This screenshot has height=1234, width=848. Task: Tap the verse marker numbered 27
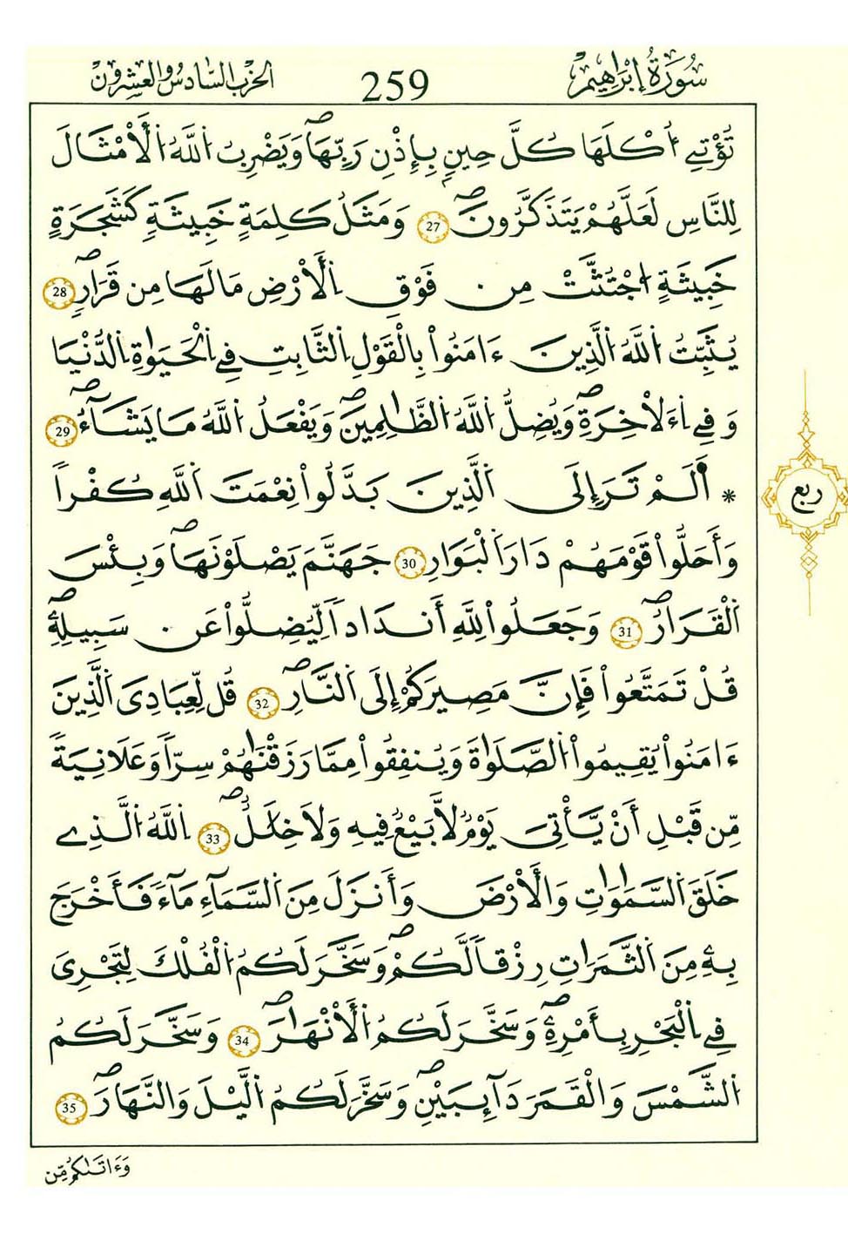(x=434, y=229)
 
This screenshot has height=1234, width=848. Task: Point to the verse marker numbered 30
(x=409, y=564)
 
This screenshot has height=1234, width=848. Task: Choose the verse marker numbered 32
(x=264, y=702)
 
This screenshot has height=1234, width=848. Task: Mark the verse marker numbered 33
(x=213, y=839)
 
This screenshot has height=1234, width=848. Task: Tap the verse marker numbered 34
(x=241, y=1041)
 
